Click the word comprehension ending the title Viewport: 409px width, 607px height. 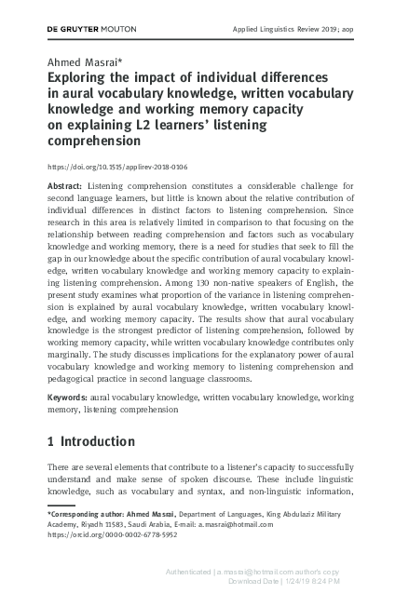coord(95,143)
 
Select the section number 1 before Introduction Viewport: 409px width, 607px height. coord(50,440)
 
